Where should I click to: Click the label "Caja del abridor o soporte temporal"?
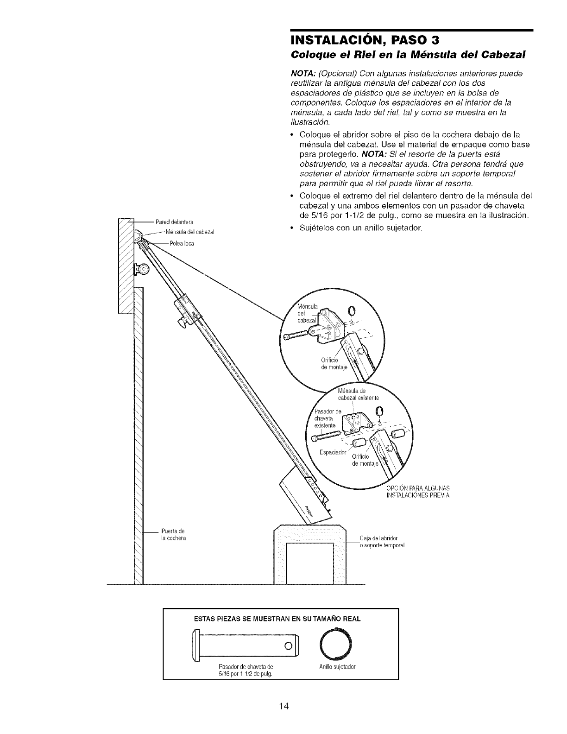pos(382,542)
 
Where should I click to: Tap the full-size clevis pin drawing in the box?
pos(246,645)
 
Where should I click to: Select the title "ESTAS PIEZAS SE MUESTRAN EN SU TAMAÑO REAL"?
pos(281,619)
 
